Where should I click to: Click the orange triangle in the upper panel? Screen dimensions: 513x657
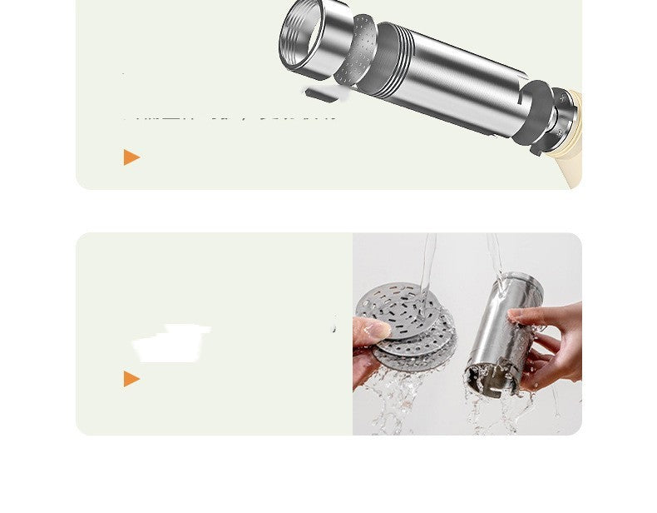pyautogui.click(x=131, y=157)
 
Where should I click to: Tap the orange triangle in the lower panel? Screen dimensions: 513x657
pyautogui.click(x=131, y=379)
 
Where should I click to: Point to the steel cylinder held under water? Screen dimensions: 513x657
pyautogui.click(x=499, y=333)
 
